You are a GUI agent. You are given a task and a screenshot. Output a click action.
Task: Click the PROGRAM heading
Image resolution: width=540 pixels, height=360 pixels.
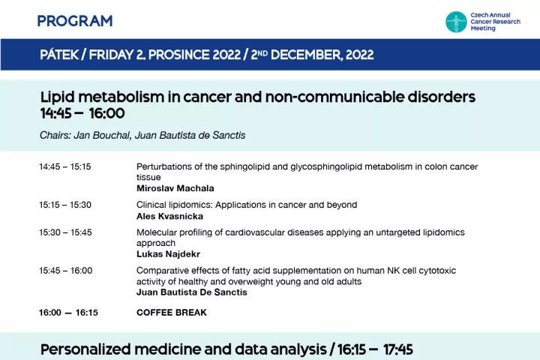75,21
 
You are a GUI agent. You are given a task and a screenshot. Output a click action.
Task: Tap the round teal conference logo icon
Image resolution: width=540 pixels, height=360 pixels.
456,22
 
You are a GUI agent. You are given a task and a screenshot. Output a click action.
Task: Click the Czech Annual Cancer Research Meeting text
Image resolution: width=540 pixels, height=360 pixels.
495,22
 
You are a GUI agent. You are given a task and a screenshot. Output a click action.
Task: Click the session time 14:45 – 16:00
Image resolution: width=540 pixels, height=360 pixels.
82,113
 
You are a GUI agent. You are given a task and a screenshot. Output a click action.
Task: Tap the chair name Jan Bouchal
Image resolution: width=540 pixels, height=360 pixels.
102,135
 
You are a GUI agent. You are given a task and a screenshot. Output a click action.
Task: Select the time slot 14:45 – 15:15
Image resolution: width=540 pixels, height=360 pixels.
65,166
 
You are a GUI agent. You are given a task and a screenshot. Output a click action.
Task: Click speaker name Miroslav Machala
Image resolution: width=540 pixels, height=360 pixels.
175,188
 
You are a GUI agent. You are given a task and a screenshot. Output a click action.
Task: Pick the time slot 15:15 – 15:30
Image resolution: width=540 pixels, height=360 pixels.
65,205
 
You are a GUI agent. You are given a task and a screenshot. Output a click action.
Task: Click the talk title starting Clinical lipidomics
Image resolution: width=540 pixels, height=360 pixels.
247,205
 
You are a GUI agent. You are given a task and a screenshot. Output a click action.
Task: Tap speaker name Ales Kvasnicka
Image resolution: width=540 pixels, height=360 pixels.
169,216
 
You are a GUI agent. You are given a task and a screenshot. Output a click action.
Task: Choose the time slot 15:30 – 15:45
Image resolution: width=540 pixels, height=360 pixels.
65,232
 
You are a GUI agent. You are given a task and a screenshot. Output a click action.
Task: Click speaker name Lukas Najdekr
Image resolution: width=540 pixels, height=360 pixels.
169,254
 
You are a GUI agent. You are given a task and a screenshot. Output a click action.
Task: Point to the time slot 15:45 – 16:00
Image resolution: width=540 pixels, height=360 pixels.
65,271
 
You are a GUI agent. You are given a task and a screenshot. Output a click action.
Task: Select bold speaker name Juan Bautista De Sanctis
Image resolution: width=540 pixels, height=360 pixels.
192,292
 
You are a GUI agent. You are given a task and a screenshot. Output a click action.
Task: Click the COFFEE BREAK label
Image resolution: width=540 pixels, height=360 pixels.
172,313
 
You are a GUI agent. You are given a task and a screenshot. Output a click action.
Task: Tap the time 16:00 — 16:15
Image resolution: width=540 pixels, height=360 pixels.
68,313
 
